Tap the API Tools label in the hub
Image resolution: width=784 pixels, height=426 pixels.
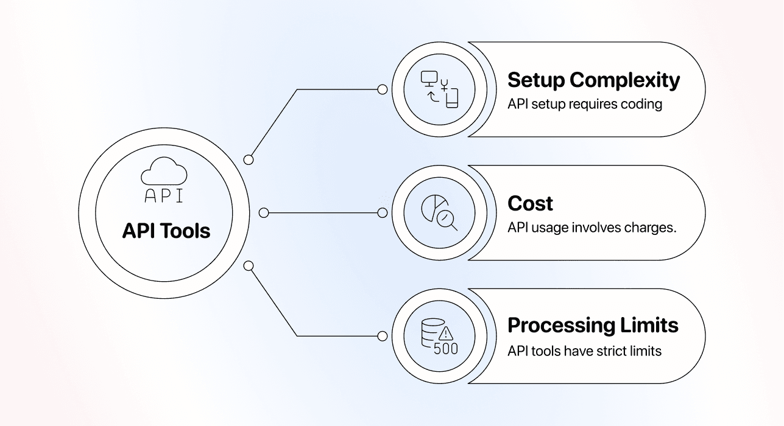point(166,231)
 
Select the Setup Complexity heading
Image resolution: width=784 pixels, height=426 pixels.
point(593,80)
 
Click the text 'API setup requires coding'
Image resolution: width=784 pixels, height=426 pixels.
point(585,104)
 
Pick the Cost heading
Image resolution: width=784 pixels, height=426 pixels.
point(530,203)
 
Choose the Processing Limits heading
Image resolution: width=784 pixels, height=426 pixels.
point(593,326)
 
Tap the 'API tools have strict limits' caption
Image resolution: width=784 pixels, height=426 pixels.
point(584,351)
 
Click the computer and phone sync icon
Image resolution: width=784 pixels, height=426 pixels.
point(439,89)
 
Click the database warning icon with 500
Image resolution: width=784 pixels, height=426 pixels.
point(439,337)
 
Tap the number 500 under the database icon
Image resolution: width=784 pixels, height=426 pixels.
point(445,349)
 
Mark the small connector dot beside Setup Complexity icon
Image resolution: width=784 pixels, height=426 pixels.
point(383,89)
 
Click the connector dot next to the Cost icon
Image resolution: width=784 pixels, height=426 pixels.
point(383,213)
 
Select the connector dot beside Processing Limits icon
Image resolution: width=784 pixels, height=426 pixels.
point(383,336)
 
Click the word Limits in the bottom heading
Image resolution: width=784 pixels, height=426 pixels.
point(649,326)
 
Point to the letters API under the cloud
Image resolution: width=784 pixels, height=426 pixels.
point(163,196)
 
